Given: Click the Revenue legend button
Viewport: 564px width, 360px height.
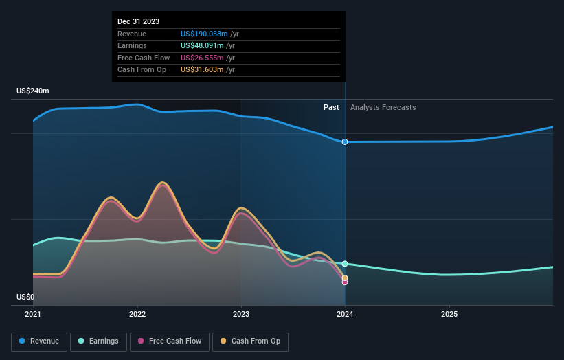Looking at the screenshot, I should click(x=39, y=341).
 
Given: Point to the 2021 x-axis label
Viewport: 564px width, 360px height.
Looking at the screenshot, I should click(x=33, y=314).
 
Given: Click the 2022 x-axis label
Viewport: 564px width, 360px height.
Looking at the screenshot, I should click(x=137, y=314).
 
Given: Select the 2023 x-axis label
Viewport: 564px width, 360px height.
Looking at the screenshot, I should click(x=241, y=314).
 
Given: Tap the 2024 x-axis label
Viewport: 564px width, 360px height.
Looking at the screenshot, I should click(x=345, y=314).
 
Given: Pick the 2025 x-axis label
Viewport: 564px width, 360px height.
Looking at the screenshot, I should click(x=449, y=314).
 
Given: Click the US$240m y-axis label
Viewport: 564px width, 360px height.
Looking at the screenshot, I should click(x=33, y=91).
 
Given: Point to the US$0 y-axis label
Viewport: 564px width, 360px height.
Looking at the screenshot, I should click(x=25, y=297).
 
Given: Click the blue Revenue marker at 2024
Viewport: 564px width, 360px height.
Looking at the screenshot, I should click(x=345, y=142).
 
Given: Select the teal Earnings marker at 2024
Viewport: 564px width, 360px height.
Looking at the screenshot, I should click(x=345, y=264).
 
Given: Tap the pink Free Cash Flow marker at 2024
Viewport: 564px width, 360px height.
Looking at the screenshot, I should click(x=345, y=282).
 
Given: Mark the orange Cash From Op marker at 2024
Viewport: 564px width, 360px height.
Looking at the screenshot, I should click(x=345, y=278).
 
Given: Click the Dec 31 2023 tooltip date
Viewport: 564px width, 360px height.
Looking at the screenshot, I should click(x=138, y=21).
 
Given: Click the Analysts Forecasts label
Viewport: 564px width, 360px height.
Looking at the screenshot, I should click(x=383, y=107).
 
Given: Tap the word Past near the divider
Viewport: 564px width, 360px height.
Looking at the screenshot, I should click(x=331, y=107).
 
